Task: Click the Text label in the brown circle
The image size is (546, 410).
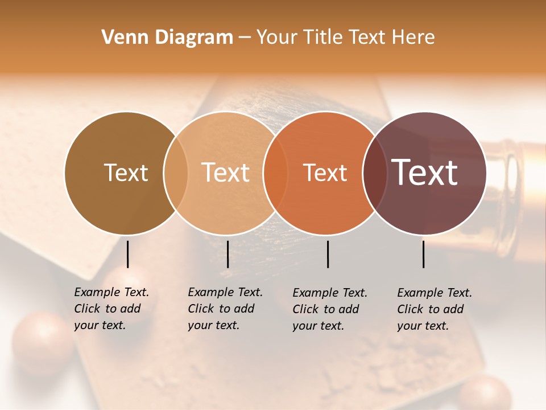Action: pyautogui.click(x=126, y=173)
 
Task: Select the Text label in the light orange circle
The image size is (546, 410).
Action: pyautogui.click(x=226, y=173)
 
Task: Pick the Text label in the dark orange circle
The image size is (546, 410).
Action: pyautogui.click(x=325, y=173)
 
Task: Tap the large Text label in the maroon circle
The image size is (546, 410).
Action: pyautogui.click(x=425, y=173)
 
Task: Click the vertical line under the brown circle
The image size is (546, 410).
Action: pyautogui.click(x=127, y=254)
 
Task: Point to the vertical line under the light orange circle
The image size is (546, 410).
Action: pyautogui.click(x=227, y=254)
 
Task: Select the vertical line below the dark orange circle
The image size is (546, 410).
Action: pyautogui.click(x=328, y=254)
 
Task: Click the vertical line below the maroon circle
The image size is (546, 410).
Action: pyautogui.click(x=424, y=254)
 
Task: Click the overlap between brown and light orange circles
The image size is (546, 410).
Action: pyautogui.click(x=176, y=173)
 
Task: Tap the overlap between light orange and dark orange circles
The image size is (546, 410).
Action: pyautogui.click(x=275, y=173)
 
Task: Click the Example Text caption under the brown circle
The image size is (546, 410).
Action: pyautogui.click(x=111, y=309)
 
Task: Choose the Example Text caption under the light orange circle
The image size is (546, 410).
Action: pyautogui.click(x=225, y=309)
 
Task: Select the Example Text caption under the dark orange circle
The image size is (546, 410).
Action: pyautogui.click(x=329, y=309)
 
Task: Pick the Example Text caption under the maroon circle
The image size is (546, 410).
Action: pyautogui.click(x=434, y=309)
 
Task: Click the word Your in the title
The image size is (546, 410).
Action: pyautogui.click(x=276, y=38)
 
